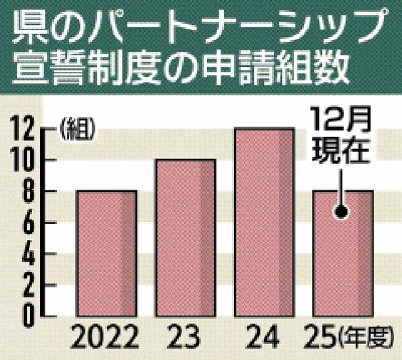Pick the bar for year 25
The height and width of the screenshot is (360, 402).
tap(342, 252)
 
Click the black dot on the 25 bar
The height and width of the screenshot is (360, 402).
tap(341, 213)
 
